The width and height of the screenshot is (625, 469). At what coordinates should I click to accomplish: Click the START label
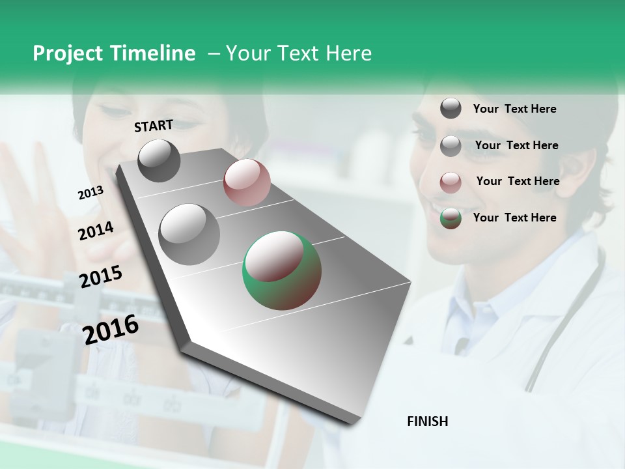point(154,126)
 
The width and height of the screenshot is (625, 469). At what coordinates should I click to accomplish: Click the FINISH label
point(428,421)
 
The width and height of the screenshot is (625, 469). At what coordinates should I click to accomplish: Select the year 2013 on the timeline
point(91,193)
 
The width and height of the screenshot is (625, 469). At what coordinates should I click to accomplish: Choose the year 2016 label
point(111,329)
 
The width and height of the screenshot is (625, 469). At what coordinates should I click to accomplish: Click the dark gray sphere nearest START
point(159,160)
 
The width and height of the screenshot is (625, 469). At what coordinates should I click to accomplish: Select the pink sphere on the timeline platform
point(247,182)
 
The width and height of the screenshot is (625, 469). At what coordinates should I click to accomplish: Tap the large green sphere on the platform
point(282,270)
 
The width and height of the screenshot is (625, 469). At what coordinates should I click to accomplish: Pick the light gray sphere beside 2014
point(189,234)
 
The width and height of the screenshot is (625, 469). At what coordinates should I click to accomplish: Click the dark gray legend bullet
point(451,108)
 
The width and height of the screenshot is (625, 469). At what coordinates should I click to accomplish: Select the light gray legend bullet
point(451,146)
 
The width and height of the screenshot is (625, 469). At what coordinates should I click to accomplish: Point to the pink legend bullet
point(451,182)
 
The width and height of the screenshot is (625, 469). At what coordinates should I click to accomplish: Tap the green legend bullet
point(451,218)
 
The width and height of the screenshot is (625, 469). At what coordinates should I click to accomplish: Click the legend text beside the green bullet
point(514,218)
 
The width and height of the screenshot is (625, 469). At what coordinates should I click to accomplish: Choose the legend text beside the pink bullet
point(518,181)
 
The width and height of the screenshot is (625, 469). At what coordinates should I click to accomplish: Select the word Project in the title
point(67,53)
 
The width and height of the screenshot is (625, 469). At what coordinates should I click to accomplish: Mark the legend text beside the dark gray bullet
point(514,109)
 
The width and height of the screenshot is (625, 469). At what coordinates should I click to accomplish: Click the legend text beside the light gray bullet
point(516,145)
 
